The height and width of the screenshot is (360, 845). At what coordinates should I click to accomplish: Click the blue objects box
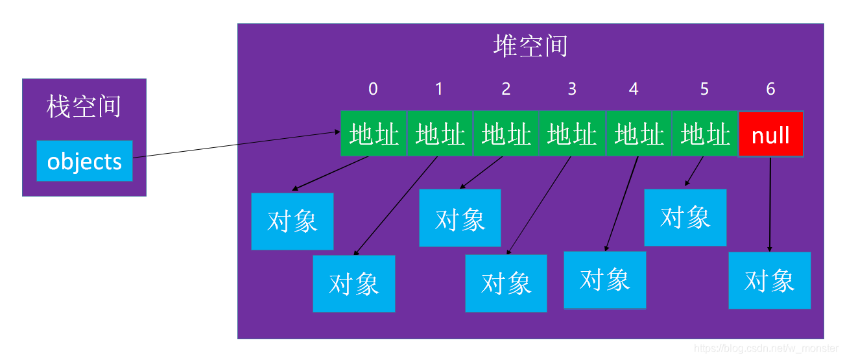click(x=84, y=161)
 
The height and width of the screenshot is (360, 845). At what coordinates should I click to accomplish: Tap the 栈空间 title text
click(x=84, y=107)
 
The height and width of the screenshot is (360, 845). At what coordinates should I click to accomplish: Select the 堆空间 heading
click(x=530, y=47)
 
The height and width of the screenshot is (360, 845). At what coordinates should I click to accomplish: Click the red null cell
click(x=770, y=134)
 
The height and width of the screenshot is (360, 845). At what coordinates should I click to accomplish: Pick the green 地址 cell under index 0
click(x=374, y=134)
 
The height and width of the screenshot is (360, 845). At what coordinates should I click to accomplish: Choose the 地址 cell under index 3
click(x=572, y=134)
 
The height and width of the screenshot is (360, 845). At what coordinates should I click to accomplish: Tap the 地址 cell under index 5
click(x=705, y=134)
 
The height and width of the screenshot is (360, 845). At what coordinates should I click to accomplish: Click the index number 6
click(x=770, y=89)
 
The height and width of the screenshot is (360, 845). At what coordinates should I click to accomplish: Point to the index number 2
click(x=506, y=89)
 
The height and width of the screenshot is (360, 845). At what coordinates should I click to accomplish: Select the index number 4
click(x=634, y=89)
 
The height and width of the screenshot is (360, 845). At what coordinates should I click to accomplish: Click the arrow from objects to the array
click(x=237, y=144)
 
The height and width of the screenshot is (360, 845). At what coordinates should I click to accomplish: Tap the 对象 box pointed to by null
click(x=769, y=280)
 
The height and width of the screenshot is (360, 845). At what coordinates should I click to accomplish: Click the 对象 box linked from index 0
click(x=292, y=221)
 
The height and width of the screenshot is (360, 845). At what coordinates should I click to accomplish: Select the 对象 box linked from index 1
click(x=353, y=283)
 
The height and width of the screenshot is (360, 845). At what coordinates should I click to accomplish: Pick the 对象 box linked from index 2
click(x=460, y=218)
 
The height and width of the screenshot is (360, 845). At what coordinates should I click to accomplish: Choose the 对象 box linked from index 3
click(x=506, y=283)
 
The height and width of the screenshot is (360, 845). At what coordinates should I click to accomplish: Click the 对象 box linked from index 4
click(x=604, y=280)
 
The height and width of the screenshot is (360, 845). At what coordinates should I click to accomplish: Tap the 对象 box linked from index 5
click(x=685, y=217)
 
